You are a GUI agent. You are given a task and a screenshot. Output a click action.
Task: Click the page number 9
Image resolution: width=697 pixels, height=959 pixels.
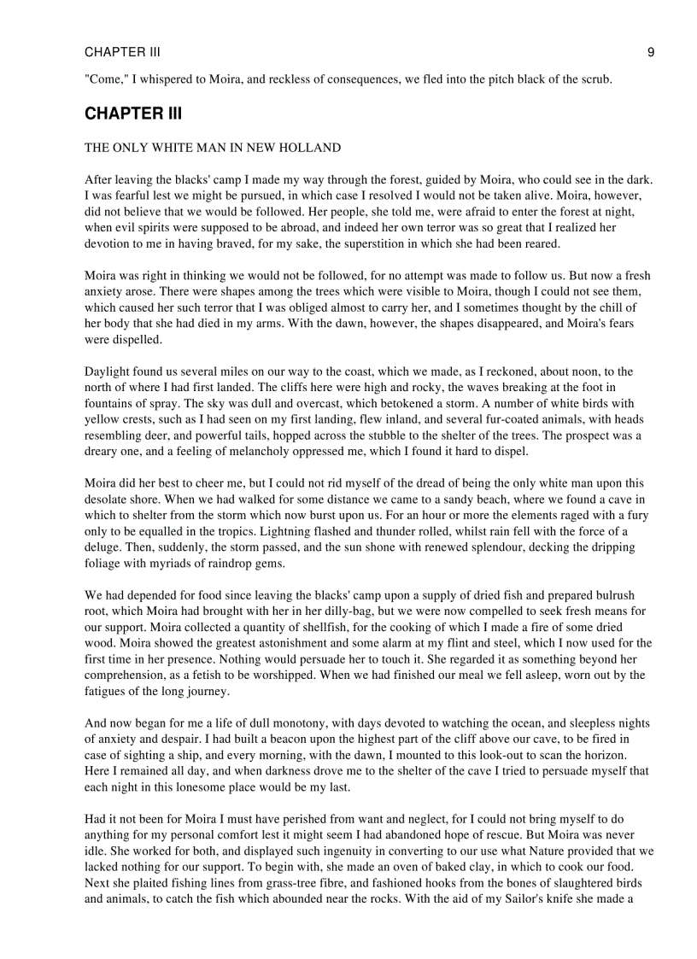click(651, 52)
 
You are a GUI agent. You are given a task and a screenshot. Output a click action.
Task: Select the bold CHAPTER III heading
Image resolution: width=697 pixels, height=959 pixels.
click(133, 114)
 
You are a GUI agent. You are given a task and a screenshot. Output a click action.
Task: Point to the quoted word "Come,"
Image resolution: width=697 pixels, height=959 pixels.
click(105, 79)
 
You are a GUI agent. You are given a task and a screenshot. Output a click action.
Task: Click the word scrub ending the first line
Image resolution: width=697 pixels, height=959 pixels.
click(595, 79)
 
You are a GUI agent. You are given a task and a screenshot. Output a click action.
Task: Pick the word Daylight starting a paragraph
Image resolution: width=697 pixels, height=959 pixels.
click(108, 371)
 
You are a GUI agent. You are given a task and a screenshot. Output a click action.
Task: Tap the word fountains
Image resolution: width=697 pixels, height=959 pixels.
click(110, 404)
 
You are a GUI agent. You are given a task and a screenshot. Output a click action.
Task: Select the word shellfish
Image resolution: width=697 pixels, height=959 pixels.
click(309, 628)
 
